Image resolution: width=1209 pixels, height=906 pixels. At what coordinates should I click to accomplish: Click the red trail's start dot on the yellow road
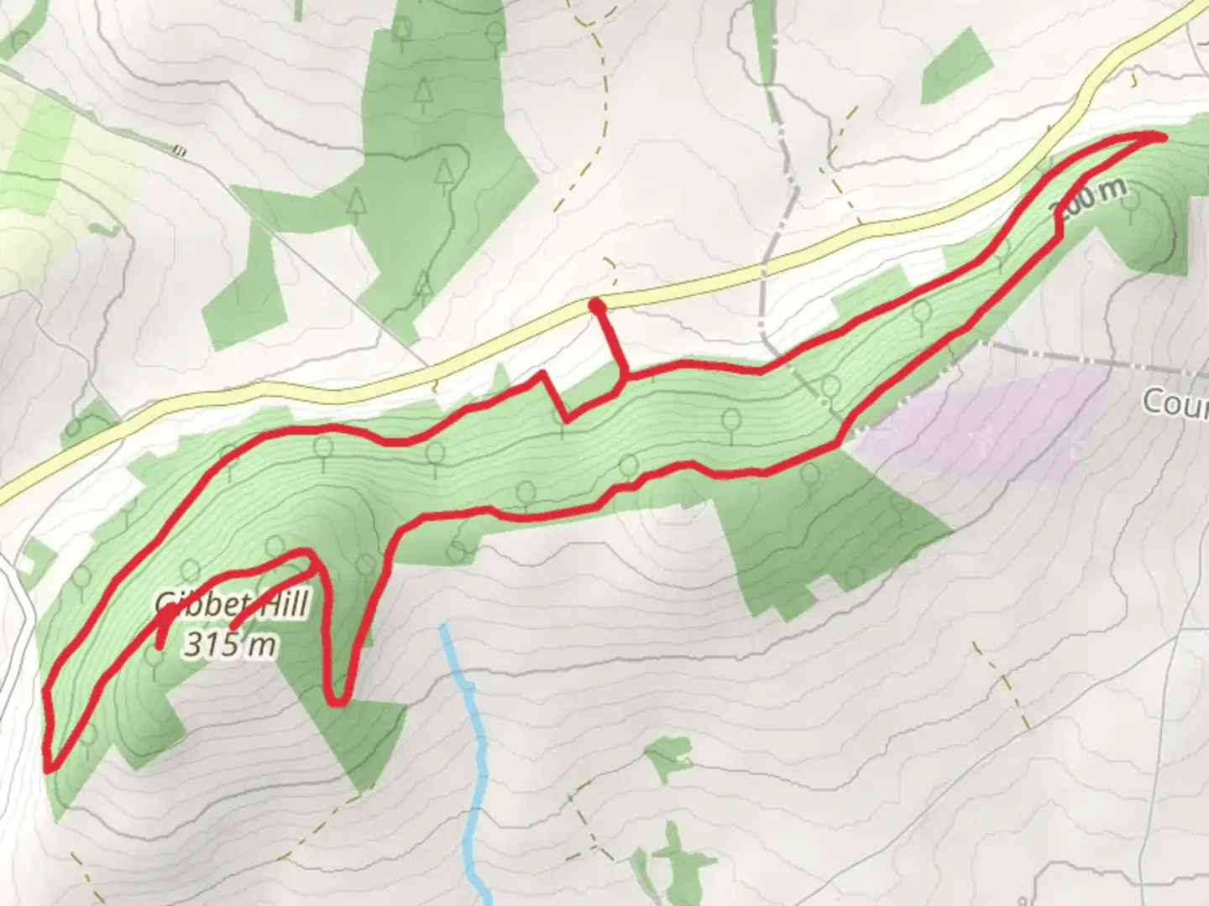point(597,305)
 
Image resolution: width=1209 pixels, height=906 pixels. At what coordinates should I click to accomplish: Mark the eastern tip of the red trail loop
point(1164,135)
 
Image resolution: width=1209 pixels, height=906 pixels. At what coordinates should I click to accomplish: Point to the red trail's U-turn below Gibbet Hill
point(336,701)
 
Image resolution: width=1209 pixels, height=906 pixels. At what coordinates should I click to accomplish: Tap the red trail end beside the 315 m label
point(233,625)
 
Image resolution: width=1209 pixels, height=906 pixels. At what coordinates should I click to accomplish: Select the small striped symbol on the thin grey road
point(179,152)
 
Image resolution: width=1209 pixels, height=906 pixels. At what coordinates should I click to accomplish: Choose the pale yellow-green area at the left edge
point(50,168)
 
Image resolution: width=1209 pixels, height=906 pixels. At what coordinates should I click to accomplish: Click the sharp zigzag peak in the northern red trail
point(543,373)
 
